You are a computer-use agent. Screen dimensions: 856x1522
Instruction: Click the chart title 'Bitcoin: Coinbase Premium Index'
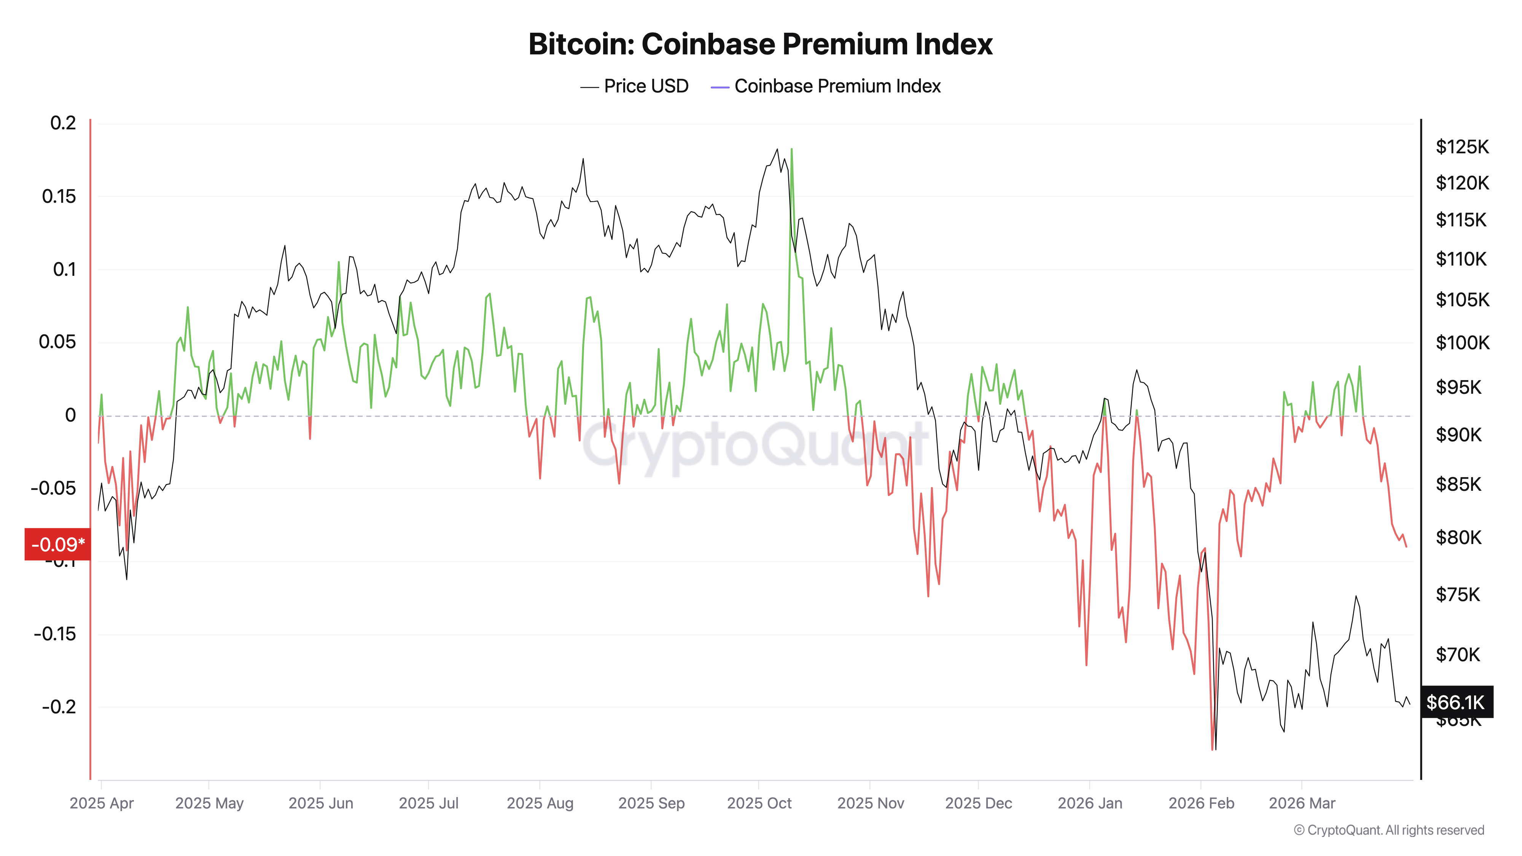pos(760,44)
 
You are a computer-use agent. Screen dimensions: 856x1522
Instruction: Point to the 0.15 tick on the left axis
pos(59,196)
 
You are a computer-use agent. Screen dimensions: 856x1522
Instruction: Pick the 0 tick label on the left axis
pos(70,415)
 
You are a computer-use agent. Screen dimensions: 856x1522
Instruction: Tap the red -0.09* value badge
pos(57,544)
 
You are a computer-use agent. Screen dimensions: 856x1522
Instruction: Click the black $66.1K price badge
pos(1455,702)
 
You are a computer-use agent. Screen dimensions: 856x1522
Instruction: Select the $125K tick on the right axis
pos(1462,146)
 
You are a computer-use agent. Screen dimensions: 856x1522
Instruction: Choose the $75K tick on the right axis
pos(1458,594)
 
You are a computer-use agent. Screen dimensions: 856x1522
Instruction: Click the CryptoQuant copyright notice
pos(1388,830)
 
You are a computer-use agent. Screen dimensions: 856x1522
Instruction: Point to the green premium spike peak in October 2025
pos(792,150)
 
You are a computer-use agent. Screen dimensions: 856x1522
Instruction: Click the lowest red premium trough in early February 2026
pos(1212,749)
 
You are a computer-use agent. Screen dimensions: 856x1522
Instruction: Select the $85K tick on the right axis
pos(1458,484)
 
